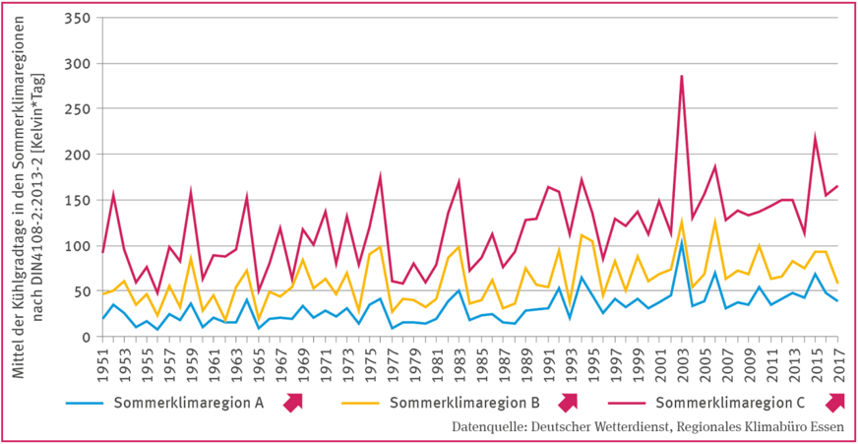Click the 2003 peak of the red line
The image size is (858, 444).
681,76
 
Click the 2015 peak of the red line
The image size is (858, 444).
815,137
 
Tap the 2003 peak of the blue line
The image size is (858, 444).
681,240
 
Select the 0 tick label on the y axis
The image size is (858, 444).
86,337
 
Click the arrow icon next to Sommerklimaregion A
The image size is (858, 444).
293,402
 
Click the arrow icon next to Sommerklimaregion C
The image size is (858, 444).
836,402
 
